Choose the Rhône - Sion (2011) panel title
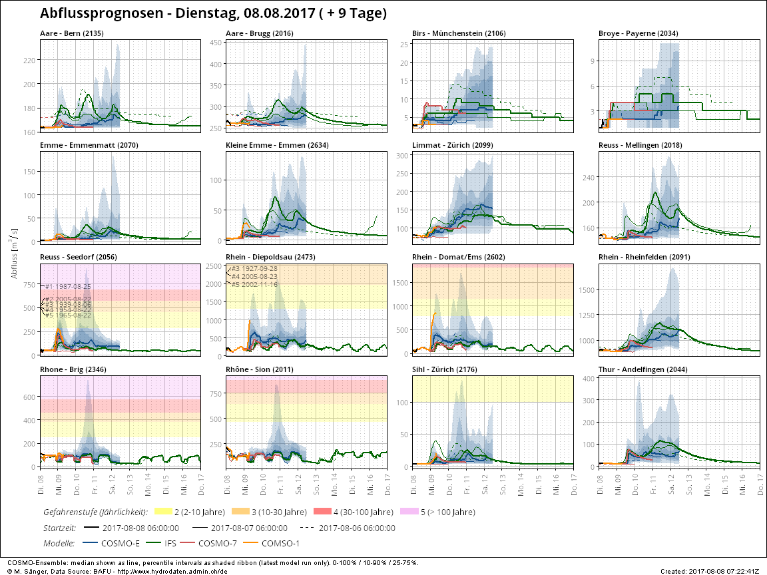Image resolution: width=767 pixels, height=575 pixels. click(x=262, y=369)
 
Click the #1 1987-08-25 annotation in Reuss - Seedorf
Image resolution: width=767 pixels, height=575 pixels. click(x=67, y=286)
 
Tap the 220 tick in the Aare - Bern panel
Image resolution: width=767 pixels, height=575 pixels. click(x=30, y=61)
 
